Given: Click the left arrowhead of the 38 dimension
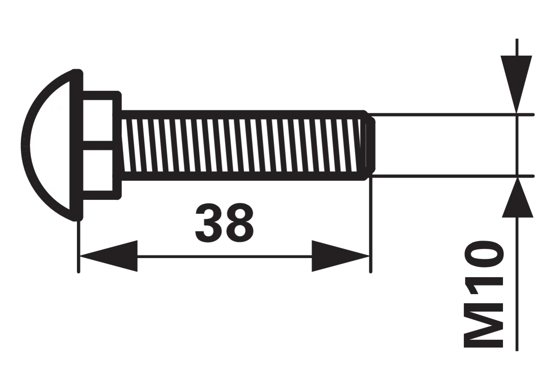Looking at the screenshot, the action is pos(108,256).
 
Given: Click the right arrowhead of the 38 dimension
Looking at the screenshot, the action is pos(341,256).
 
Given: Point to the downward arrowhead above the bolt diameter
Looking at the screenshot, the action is pos(516,84).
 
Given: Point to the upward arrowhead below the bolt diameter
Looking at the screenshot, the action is pos(517,197).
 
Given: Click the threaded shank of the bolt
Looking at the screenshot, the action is pos(243,145).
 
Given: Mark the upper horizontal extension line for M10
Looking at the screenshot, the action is pos(450,114).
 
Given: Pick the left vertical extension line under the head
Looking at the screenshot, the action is pos(79,246).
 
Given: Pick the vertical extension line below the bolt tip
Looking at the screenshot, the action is pos(371,225).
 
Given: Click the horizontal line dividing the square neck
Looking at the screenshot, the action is pos(98,146).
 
